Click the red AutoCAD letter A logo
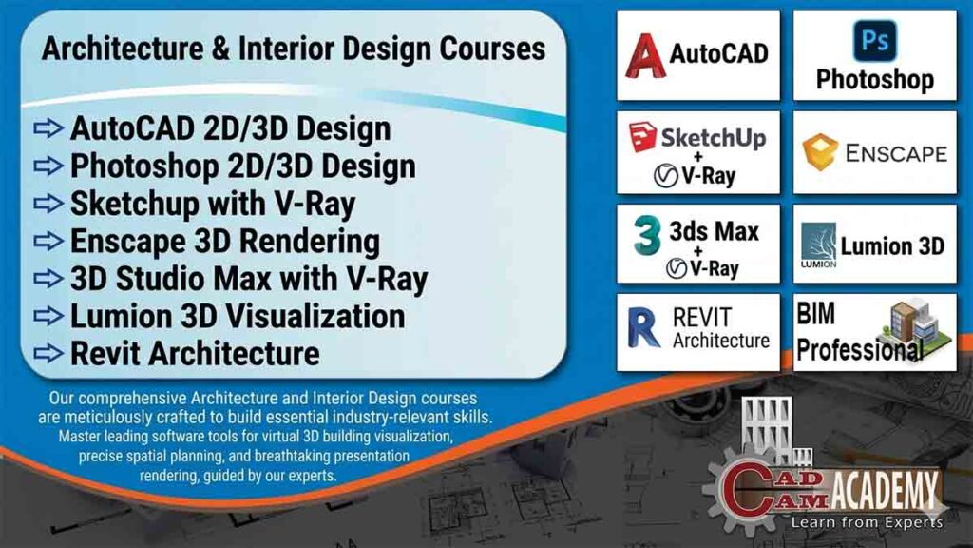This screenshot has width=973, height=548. point(644,54)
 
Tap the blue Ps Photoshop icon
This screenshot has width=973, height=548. point(874,41)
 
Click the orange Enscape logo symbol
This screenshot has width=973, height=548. point(819,152)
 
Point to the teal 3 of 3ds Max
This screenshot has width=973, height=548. point(647,235)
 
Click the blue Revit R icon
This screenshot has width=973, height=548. point(644,328)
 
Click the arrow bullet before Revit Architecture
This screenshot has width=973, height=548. point(48,354)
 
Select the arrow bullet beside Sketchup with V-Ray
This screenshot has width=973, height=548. point(48,204)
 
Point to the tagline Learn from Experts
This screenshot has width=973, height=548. point(867,522)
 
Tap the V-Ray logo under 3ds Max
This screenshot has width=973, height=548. point(703,267)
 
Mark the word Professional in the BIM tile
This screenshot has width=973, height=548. point(859,349)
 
